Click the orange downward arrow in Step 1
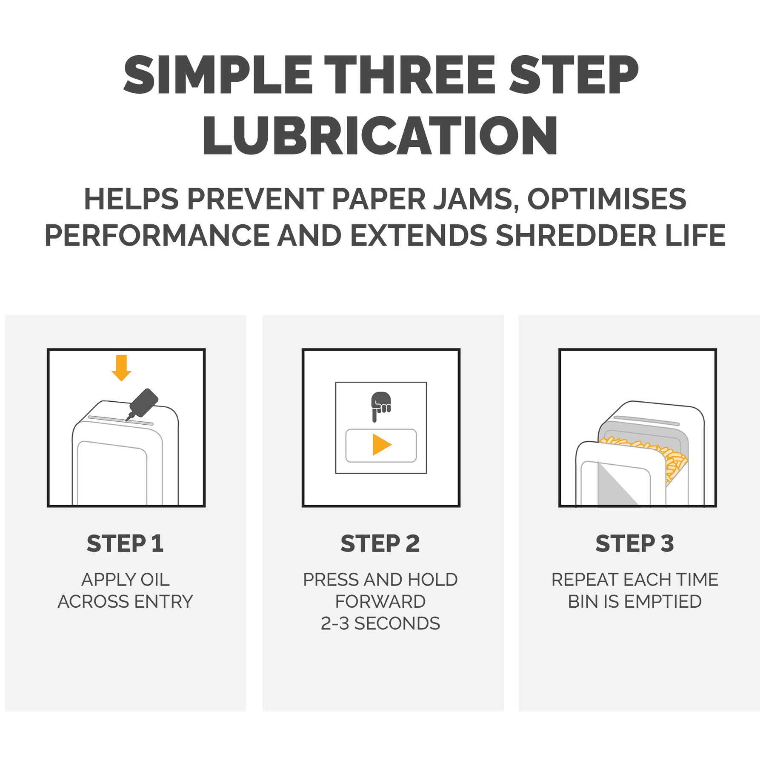[x=121, y=368]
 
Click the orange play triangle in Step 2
[x=382, y=445]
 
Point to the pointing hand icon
[x=380, y=407]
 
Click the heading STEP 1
[x=125, y=543]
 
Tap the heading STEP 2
[x=380, y=543]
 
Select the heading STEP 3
[x=635, y=543]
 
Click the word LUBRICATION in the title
[x=380, y=136]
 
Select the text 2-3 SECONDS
[x=380, y=623]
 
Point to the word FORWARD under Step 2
[x=380, y=602]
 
